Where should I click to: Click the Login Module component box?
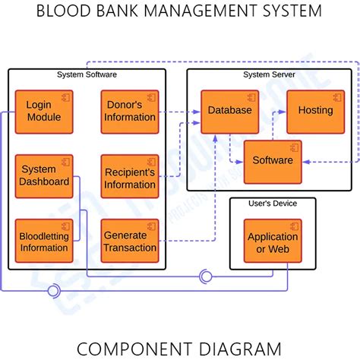[44, 111]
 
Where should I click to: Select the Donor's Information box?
[129, 111]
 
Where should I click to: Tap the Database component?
[229, 111]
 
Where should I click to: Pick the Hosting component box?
[314, 111]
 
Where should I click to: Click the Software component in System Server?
[272, 161]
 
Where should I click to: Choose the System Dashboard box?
[44, 175]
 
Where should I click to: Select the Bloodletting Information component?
[44, 241]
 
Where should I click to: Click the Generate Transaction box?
[129, 241]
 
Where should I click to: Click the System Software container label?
[87, 74]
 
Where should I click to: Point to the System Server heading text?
[269, 74]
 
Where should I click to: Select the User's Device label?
[272, 203]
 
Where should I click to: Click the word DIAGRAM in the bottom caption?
[236, 349]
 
